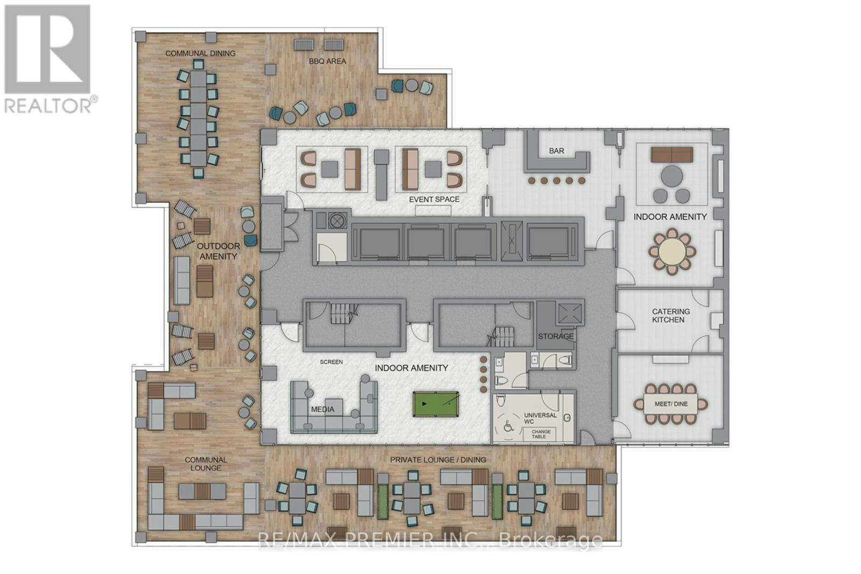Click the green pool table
[436, 404]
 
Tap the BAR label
[556, 151]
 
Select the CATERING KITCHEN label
[671, 315]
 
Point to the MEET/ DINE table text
[671, 404]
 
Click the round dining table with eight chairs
[672, 252]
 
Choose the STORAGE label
[555, 337]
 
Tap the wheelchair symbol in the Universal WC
[509, 426]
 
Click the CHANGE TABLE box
[540, 434]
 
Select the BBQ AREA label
[328, 61]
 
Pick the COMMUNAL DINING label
[200, 53]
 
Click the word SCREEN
[331, 362]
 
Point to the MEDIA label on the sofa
[322, 409]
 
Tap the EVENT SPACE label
[434, 200]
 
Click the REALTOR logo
[50, 59]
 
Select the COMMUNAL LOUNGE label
[206, 464]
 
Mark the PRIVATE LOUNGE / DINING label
[438, 459]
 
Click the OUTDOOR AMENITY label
[218, 251]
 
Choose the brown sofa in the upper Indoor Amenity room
[672, 154]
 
